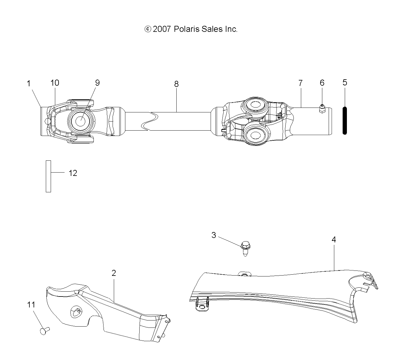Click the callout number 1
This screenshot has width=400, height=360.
tap(29, 84)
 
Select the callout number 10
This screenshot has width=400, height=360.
tap(55, 83)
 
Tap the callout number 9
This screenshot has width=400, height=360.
tap(97, 83)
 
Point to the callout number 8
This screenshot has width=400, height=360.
tap(176, 84)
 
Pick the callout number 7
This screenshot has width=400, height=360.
tap(300, 83)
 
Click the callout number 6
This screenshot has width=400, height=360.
tap(322, 83)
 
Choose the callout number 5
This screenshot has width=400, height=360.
tap(345, 82)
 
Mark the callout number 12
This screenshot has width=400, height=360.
tap(73, 173)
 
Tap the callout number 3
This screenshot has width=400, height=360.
tap(214, 235)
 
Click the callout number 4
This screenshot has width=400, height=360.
tap(334, 239)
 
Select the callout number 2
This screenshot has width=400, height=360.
tap(114, 273)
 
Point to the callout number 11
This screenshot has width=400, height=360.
tap(31, 304)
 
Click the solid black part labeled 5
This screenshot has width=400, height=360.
tap(345, 120)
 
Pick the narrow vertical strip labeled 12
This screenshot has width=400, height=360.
tap(48, 176)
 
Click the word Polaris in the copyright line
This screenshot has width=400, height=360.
tap(185, 29)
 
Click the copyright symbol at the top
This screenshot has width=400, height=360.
tap(147, 29)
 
